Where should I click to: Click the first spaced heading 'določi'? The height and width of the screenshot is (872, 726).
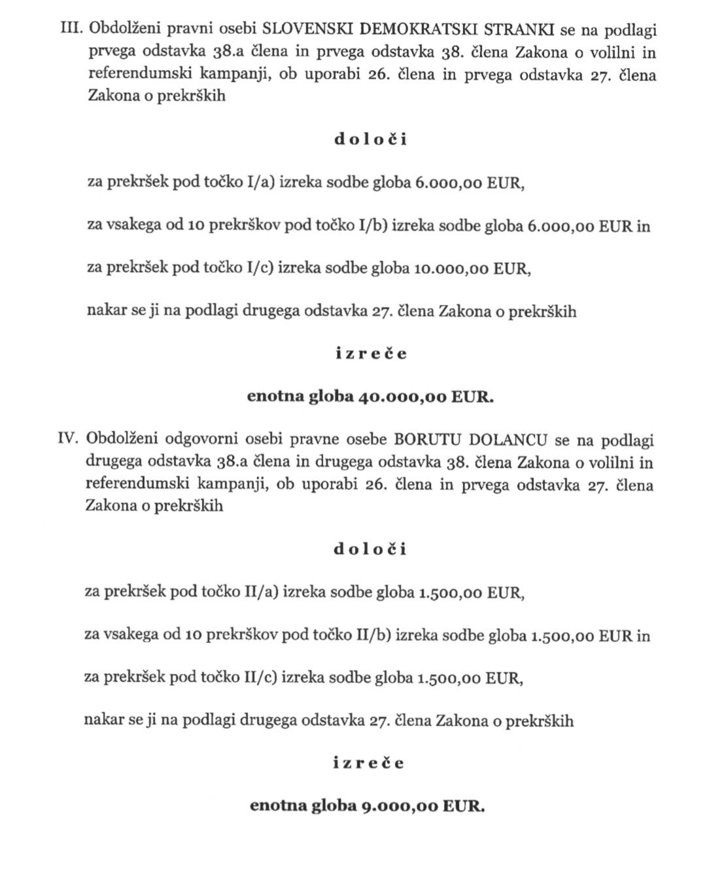click(370, 140)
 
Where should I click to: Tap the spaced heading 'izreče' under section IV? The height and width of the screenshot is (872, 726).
click(370, 763)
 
